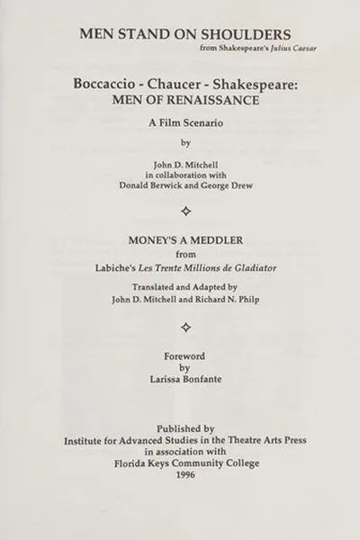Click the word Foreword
pyautogui.click(x=184, y=356)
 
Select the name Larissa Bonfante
pyautogui.click(x=184, y=381)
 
